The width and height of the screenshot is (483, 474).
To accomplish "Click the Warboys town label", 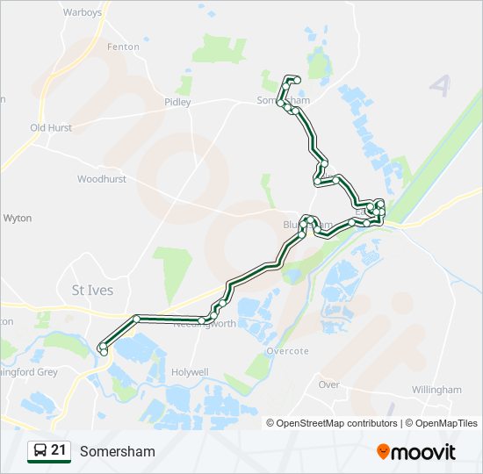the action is (83, 12).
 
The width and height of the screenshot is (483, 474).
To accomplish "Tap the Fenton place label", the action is (123, 47).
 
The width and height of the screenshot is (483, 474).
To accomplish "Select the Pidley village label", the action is (177, 102).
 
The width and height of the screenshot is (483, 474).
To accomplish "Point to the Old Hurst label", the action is (51, 127).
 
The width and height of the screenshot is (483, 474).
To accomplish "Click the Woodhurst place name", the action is (102, 179).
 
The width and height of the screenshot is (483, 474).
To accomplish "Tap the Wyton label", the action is (18, 217).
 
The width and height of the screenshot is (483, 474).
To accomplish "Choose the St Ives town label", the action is (91, 291).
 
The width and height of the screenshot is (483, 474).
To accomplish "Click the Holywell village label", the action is (191, 372).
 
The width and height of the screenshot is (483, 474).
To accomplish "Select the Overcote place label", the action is (288, 351).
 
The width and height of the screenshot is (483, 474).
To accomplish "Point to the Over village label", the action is (328, 384).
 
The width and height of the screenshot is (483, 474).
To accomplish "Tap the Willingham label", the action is (436, 390).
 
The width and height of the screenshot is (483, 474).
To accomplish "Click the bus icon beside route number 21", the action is (40, 451).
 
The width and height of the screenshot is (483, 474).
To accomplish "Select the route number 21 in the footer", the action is (59, 451).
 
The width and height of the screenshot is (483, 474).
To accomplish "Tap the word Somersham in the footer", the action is (117, 452).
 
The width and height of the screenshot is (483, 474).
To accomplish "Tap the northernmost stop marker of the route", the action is (297, 80).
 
